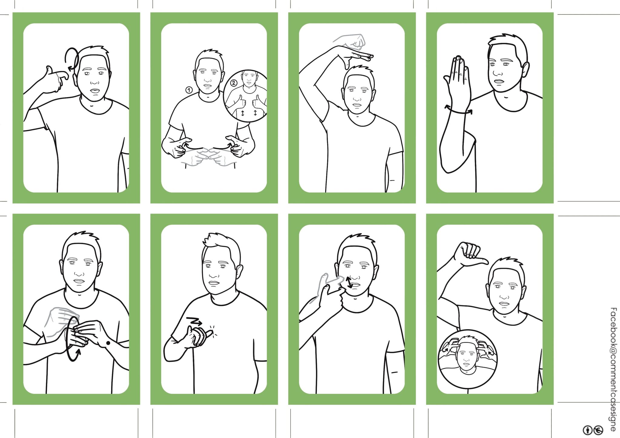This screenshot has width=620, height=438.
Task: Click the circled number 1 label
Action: coord(189,90)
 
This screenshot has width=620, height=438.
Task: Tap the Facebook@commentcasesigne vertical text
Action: coord(613,369)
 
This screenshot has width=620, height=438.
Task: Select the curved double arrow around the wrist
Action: coord(458,110)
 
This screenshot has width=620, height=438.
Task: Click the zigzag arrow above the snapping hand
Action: coord(194,321)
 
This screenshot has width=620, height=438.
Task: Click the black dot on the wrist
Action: coord(107,343)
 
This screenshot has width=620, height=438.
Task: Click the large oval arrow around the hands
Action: coord(71,338)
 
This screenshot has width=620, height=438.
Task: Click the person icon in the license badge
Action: coord(588,430)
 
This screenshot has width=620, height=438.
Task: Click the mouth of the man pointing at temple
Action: coord(95,91)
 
